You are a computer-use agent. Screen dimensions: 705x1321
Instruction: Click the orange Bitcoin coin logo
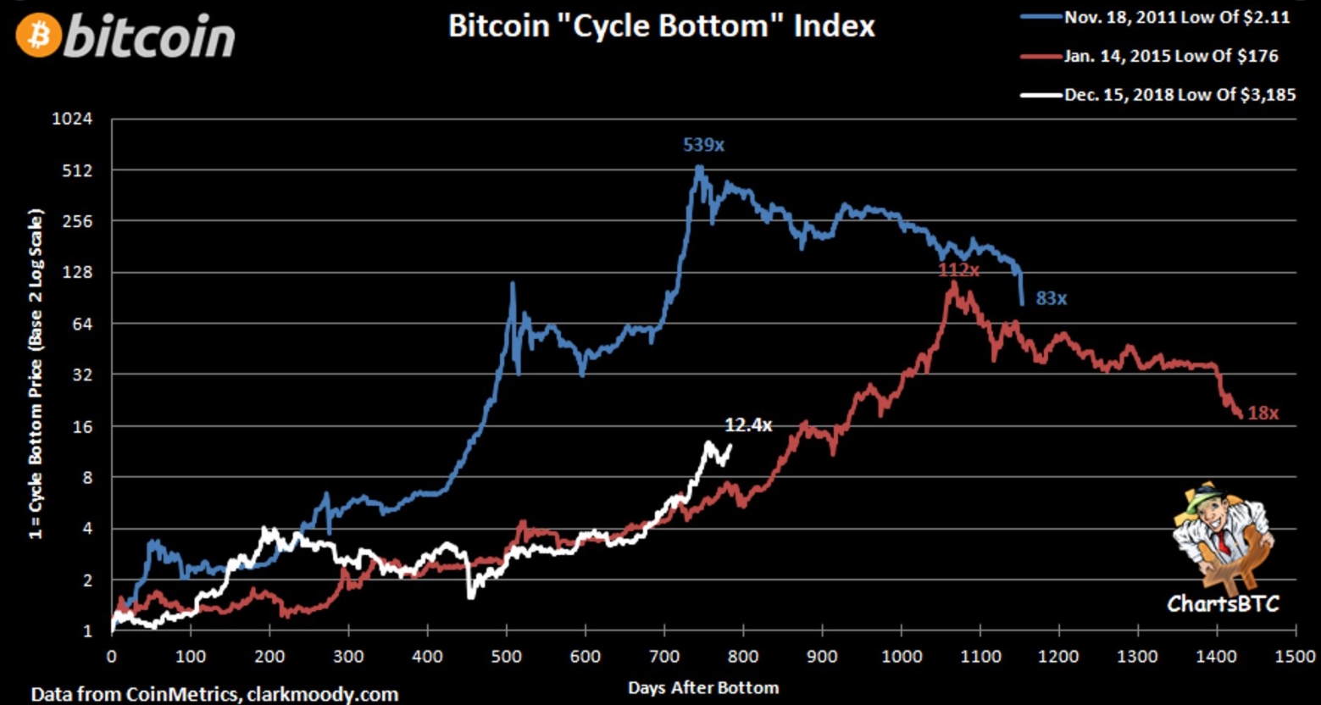38,36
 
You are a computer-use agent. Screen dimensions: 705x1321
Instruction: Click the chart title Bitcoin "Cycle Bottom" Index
660,25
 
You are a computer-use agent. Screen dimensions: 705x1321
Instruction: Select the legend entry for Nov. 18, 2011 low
1176,17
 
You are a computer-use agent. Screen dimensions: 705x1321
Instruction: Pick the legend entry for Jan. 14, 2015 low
1170,56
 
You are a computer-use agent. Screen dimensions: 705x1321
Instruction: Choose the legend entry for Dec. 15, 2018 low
1179,94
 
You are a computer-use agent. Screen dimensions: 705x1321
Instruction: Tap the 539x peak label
703,145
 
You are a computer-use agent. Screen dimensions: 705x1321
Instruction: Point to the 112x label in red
958,270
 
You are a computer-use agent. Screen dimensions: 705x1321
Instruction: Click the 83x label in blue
1051,298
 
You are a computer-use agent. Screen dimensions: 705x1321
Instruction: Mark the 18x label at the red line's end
1263,414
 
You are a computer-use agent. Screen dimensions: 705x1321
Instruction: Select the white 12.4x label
747,425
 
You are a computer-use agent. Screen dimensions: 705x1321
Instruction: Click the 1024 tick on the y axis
72,119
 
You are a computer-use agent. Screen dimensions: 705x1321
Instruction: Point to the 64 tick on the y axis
82,324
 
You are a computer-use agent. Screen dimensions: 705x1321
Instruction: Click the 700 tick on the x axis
664,657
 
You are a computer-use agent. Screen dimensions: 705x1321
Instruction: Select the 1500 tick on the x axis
1296,657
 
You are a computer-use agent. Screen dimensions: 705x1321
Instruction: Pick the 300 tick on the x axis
348,657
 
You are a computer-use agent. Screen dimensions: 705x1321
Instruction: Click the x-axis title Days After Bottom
702,687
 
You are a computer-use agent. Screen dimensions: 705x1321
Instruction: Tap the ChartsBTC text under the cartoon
1222,603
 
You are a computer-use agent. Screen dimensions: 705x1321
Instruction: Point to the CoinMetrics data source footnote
214,694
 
